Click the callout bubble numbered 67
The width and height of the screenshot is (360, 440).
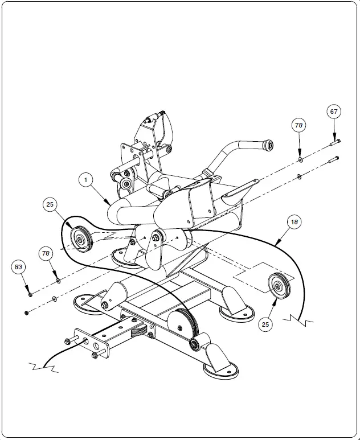click(x=334, y=112)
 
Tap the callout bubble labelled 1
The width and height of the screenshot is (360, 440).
click(x=85, y=180)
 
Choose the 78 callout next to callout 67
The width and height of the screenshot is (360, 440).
click(x=299, y=124)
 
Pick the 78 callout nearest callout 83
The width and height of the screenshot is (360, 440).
click(x=47, y=253)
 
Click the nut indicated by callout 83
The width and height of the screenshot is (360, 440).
click(x=30, y=294)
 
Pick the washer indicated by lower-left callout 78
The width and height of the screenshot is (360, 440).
click(x=58, y=280)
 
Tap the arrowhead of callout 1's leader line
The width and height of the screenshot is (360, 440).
click(x=112, y=204)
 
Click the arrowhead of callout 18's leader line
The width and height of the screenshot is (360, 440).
click(x=275, y=245)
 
